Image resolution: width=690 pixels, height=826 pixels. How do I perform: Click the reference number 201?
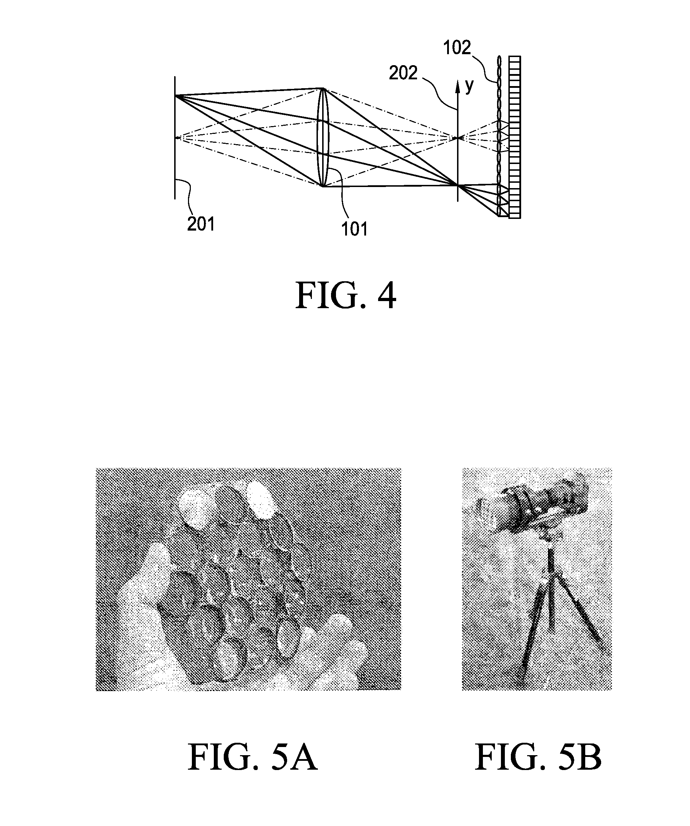pos(201,224)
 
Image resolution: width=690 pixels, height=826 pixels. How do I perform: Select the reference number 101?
pos(354,229)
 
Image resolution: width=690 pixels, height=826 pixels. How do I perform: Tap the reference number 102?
pos(457,47)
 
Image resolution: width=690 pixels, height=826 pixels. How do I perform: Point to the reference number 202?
pos(403,73)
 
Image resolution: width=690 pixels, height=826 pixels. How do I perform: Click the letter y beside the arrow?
pos(469,86)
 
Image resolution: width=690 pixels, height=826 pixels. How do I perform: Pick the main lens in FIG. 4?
pos(323,137)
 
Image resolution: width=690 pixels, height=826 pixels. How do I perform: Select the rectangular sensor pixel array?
pos(514,137)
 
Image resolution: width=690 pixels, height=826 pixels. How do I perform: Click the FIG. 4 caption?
pos(346,295)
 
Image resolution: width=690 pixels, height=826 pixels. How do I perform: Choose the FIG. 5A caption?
pos(253,758)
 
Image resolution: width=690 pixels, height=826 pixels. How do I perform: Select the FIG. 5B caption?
pos(538,758)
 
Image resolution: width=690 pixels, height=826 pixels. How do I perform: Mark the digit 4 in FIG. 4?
pos(387,296)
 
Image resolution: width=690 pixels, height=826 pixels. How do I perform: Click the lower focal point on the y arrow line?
pos(458,185)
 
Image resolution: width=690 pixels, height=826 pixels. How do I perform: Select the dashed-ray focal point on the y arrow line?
pos(458,138)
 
